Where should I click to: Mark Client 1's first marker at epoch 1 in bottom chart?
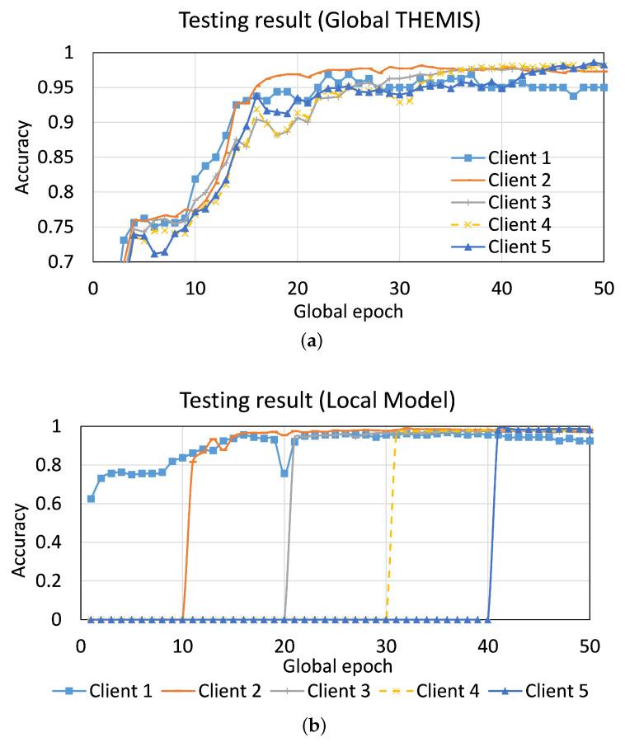[x=91, y=499]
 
